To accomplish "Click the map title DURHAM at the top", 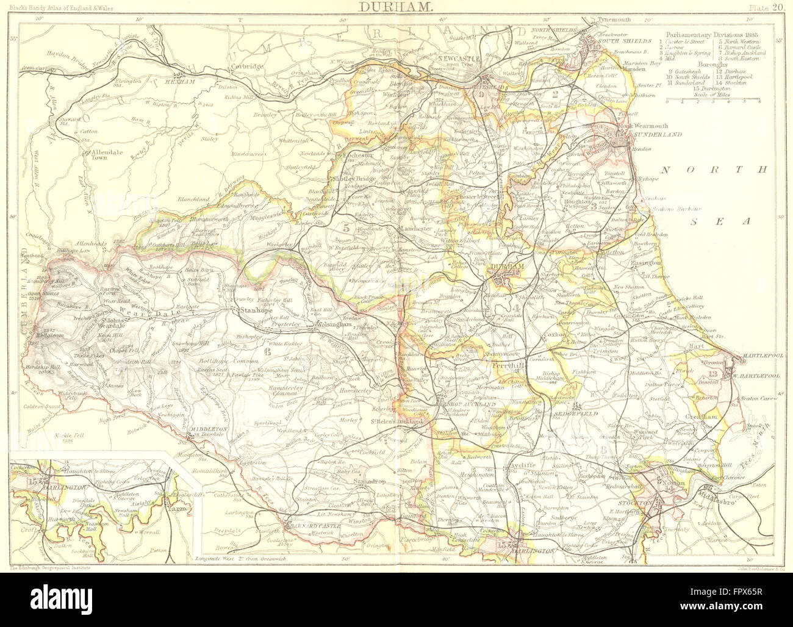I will coord(396,8).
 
